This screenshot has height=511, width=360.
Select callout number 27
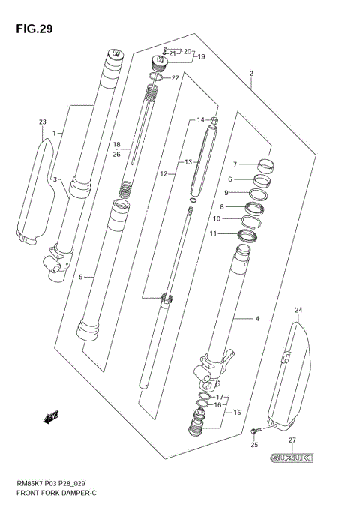293,440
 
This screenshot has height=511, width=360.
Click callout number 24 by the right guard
298,310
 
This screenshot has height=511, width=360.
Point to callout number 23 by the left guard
42,122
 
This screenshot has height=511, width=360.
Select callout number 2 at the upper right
252,74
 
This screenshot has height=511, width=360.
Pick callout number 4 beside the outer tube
256,320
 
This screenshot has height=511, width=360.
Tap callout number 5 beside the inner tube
81,277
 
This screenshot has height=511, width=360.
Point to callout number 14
200,120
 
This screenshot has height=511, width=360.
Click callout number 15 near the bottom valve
236,413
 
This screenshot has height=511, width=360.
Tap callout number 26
116,155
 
